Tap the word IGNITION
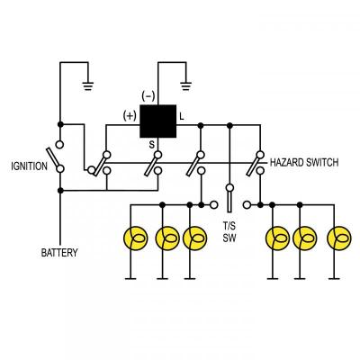(x=29, y=166)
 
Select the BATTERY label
(x=59, y=253)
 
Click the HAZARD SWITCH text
(x=304, y=163)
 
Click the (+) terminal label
(x=129, y=115)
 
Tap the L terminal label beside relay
(x=182, y=116)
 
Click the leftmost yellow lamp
(x=133, y=238)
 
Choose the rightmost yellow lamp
(x=337, y=238)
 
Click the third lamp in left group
(x=193, y=238)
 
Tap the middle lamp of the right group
(x=306, y=238)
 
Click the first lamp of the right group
(x=275, y=238)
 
